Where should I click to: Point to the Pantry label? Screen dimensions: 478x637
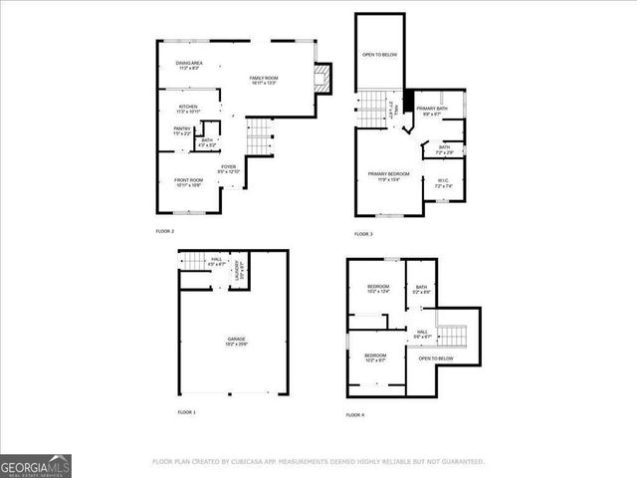point(183,130)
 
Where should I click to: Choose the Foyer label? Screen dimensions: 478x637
point(229,168)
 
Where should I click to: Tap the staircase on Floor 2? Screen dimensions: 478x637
point(259,134)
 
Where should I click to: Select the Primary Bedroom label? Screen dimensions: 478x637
point(376,176)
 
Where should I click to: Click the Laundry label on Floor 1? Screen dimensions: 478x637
point(238,270)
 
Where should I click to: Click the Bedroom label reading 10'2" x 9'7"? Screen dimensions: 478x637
point(375,358)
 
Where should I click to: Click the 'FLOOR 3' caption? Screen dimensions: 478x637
point(363,233)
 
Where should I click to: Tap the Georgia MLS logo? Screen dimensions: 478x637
point(35,464)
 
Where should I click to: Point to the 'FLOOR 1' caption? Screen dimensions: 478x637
point(187,411)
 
